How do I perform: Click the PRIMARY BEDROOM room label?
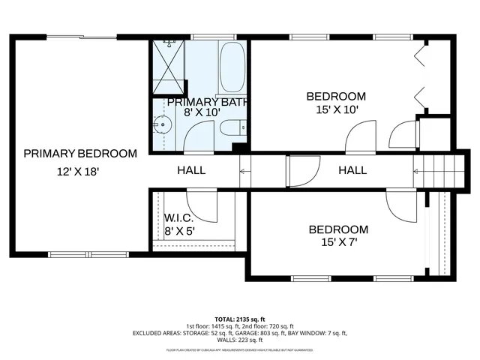point(80,154)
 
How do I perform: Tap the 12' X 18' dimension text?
point(78,172)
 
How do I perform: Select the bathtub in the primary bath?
point(232,67)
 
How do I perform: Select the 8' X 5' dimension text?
point(180,231)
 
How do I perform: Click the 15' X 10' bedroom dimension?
point(336,109)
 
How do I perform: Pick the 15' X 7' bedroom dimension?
point(338,242)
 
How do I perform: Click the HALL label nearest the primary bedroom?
point(191,171)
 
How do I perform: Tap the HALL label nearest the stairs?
point(352,171)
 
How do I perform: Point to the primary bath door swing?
point(199,136)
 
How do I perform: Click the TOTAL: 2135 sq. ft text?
point(240,319)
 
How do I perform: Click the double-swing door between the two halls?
point(304,171)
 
